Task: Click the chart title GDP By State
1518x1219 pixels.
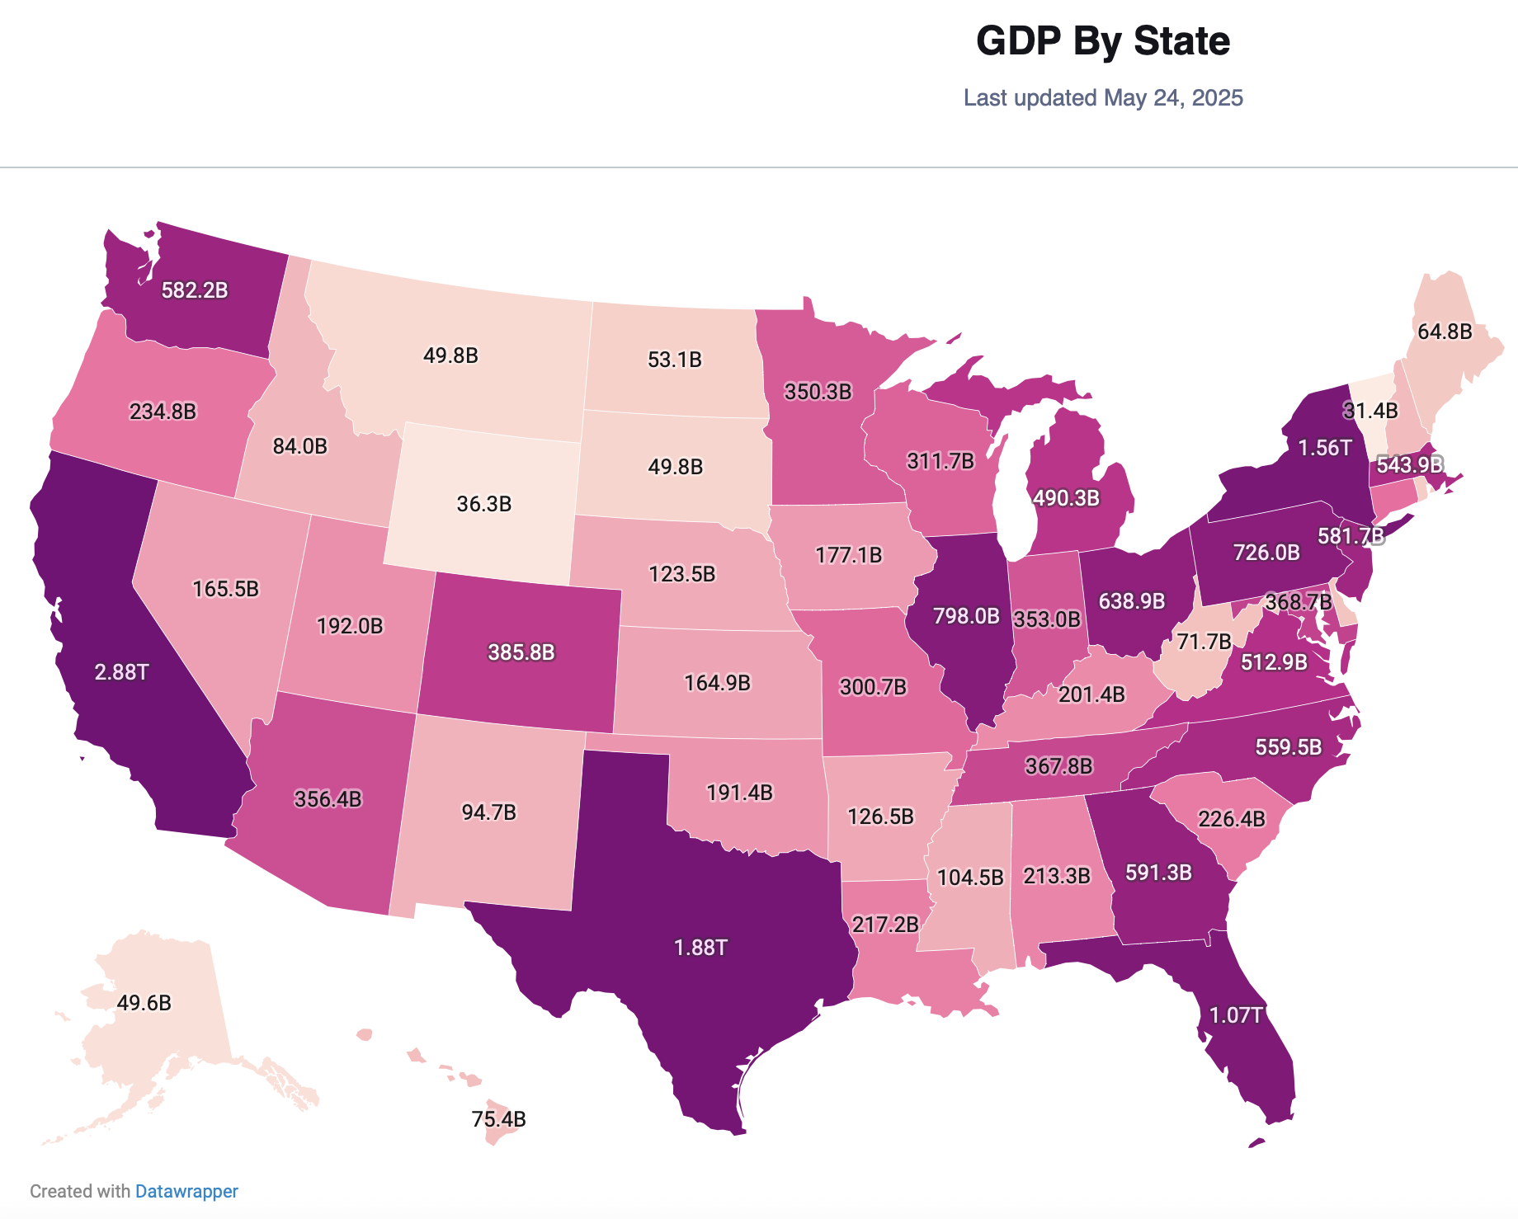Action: pyautogui.click(x=1103, y=41)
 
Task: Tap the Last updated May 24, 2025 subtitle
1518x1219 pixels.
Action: pyautogui.click(x=1103, y=97)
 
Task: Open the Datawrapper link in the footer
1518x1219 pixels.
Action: pyautogui.click(x=186, y=1191)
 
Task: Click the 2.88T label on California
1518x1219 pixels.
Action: pyautogui.click(x=121, y=672)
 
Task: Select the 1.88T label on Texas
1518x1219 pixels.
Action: pyautogui.click(x=700, y=948)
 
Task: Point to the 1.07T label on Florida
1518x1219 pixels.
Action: pyautogui.click(x=1236, y=1015)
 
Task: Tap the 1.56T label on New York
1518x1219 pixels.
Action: pyautogui.click(x=1325, y=448)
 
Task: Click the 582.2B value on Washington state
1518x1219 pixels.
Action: pyautogui.click(x=195, y=290)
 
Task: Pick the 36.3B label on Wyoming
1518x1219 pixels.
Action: pyautogui.click(x=484, y=504)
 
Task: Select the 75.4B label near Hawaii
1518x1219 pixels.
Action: pyautogui.click(x=498, y=1119)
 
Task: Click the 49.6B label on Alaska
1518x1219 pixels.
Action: pyautogui.click(x=144, y=1003)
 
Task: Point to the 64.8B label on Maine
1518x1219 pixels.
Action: pyautogui.click(x=1445, y=332)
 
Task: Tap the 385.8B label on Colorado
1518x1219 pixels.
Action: pyautogui.click(x=521, y=652)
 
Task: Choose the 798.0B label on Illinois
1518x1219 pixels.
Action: pyautogui.click(x=966, y=616)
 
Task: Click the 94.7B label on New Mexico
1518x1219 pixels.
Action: pyautogui.click(x=488, y=812)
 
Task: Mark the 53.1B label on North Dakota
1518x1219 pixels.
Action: pyautogui.click(x=675, y=360)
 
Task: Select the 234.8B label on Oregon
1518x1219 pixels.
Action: pyautogui.click(x=163, y=411)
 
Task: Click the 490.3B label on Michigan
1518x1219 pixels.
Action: pyautogui.click(x=1066, y=497)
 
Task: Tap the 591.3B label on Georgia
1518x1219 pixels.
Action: pyautogui.click(x=1158, y=873)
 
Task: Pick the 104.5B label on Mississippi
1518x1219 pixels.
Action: pyautogui.click(x=970, y=877)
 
